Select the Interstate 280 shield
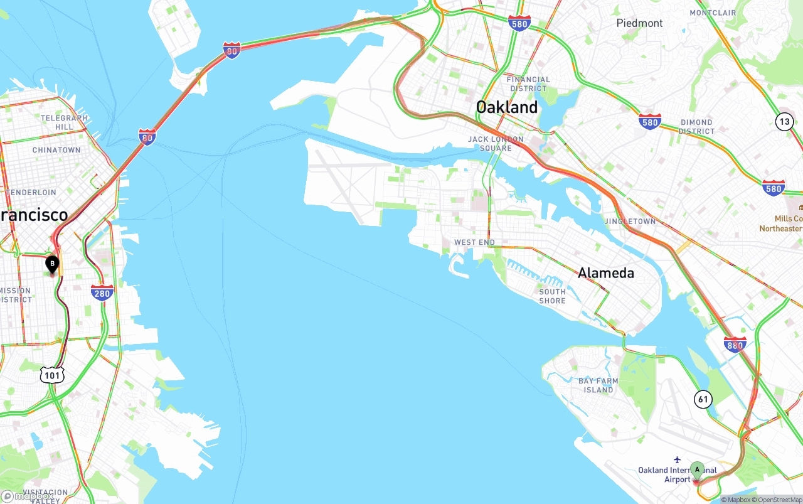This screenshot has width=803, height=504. click(x=102, y=292)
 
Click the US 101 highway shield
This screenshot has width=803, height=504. click(x=52, y=375)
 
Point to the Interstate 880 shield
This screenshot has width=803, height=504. click(x=735, y=344)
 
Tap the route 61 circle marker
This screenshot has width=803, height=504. click(x=703, y=399)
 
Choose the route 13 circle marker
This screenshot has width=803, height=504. click(x=784, y=122)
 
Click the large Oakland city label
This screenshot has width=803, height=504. click(x=507, y=107)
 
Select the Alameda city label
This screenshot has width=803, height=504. click(x=605, y=273)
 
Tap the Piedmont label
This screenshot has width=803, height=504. click(x=639, y=23)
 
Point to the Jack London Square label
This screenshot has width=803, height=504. click(x=496, y=144)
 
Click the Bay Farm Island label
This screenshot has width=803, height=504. click(x=598, y=385)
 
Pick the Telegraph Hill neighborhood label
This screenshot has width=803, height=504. click(x=65, y=122)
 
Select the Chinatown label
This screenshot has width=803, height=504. click(x=56, y=150)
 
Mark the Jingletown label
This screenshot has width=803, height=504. click(x=630, y=222)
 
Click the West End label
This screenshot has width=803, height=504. click(x=474, y=242)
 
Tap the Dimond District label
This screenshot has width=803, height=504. click(x=696, y=127)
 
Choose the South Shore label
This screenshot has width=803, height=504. click(x=552, y=296)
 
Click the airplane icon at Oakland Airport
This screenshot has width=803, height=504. click(x=677, y=460)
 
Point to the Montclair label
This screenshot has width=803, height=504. click(x=713, y=13)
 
